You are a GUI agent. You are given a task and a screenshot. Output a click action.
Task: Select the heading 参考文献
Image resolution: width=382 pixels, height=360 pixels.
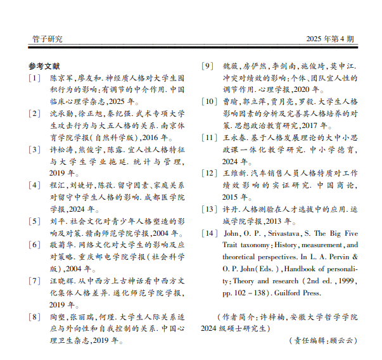pos(44,66)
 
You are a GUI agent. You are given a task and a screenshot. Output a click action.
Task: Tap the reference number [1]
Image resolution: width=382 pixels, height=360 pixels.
pos(34,79)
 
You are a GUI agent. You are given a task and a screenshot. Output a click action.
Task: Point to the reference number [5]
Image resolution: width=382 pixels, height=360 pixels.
pos(34,221)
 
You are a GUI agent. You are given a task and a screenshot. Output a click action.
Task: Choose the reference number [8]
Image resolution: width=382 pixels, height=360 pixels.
pos(34,316)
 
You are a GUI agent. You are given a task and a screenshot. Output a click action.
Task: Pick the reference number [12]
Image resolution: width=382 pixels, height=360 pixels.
pos(208,172)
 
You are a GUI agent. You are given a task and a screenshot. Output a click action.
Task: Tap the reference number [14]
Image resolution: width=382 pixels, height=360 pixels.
pos(208,234)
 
